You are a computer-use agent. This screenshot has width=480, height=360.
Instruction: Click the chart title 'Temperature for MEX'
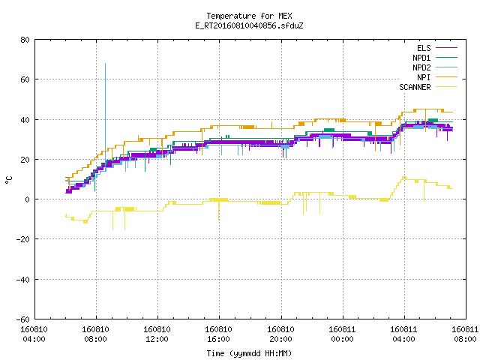coord(249,16)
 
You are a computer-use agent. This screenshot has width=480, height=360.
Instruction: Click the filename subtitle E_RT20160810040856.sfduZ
coord(249,25)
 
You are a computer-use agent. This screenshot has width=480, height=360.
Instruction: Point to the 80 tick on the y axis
coord(25,40)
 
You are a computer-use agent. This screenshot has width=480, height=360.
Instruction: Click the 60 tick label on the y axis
coord(25,79)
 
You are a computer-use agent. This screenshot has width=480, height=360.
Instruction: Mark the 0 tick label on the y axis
coord(28,199)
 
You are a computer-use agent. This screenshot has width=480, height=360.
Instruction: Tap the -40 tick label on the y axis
coord(23,280)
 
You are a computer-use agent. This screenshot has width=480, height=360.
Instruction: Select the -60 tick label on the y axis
coord(23,319)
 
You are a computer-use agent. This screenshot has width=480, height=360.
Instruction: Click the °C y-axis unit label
coord(8,180)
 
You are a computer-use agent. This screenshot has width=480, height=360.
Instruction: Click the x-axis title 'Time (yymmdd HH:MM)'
coord(249,353)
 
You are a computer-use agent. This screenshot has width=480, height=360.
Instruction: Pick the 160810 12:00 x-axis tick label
coord(157,334)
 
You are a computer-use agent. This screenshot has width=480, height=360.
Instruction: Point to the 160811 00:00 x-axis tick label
coord(342,334)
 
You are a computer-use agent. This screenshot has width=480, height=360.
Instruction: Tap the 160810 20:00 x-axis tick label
coord(280,334)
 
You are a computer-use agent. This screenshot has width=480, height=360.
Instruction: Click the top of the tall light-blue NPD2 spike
coord(105,63)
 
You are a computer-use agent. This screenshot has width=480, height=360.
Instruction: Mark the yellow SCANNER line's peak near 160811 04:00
coord(403,177)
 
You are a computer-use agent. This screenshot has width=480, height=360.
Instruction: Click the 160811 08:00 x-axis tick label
coord(465,334)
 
